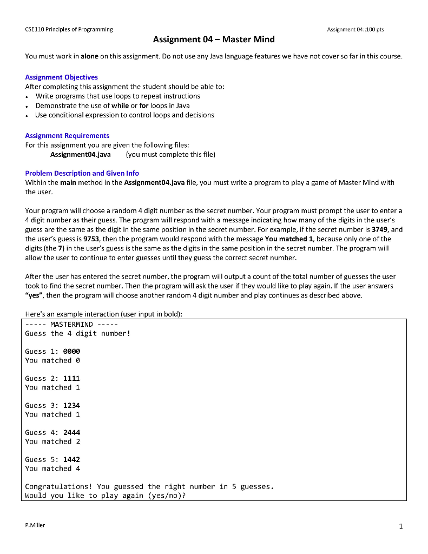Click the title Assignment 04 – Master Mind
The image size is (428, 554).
tap(214, 39)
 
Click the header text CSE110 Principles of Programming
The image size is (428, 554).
tap(69, 29)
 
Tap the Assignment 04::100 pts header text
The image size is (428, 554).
tap(355, 29)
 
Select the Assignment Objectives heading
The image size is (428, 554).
tap(62, 77)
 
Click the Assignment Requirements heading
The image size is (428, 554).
tap(67, 136)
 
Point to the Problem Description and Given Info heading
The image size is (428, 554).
tap(82, 173)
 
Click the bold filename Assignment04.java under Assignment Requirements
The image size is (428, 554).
tap(80, 155)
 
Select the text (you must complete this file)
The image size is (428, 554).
tap(170, 155)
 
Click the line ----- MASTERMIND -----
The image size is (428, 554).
tap(71, 325)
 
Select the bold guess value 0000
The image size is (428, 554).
tap(71, 352)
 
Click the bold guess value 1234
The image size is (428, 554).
tap(71, 406)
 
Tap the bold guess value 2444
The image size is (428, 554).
tap(71, 433)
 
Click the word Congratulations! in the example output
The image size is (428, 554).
tap(58, 487)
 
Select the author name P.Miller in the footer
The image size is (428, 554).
tap(35, 525)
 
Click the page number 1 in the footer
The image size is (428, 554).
tap(400, 526)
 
